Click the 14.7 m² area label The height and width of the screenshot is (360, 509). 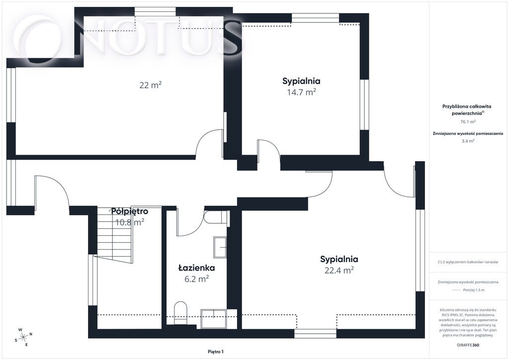pyautogui.click(x=301, y=92)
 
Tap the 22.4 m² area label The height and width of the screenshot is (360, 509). pyautogui.click(x=339, y=270)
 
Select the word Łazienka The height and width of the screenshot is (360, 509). pyautogui.click(x=196, y=268)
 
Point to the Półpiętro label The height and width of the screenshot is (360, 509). pyautogui.click(x=130, y=211)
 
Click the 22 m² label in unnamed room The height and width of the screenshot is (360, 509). pyautogui.click(x=150, y=85)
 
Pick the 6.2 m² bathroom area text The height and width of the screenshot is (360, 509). pyautogui.click(x=196, y=279)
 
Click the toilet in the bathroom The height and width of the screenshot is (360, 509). pyautogui.click(x=181, y=313)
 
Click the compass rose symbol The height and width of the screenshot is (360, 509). pyautogui.click(x=24, y=337)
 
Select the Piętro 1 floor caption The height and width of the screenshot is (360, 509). pyautogui.click(x=216, y=352)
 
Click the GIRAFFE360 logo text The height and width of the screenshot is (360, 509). pyautogui.click(x=467, y=345)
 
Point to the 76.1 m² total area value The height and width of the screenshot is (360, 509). pyautogui.click(x=468, y=122)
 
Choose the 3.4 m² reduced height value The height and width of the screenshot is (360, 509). pyautogui.click(x=468, y=141)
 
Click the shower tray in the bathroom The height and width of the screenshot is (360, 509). pyautogui.click(x=213, y=319)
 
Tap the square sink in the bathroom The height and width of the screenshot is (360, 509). pyautogui.click(x=220, y=247)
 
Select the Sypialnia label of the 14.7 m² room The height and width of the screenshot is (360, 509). pyautogui.click(x=301, y=81)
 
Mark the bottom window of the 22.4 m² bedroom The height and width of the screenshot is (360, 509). pyautogui.click(x=315, y=334)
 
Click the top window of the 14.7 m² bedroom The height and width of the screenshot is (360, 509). pyautogui.click(x=315, y=18)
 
